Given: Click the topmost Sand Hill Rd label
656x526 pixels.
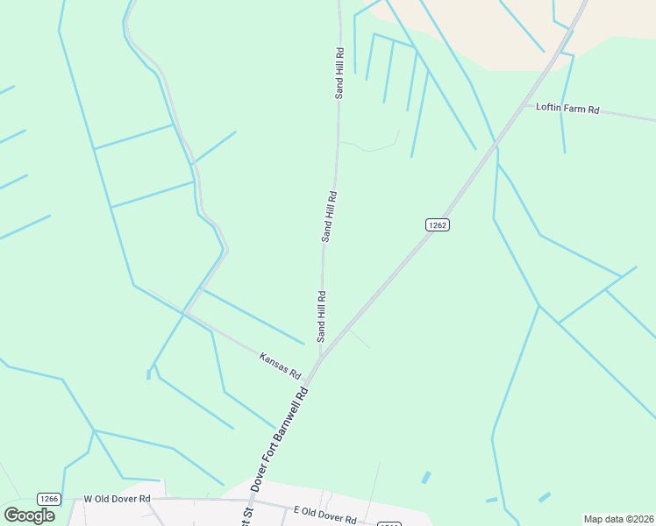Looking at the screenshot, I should pos(339,73).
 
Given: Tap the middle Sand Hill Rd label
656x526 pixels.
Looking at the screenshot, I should pos(329,217).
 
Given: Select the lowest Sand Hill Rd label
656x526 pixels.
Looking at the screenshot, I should pos(322,316).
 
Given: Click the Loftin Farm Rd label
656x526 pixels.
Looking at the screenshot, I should pos(567,110).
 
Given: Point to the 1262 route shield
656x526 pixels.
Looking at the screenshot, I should pos(438,225).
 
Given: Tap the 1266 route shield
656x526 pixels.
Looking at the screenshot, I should pos(49,499).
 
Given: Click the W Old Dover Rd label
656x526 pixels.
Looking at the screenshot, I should pos(118,499).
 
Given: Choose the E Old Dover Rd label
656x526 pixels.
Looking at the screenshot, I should pos(324,515).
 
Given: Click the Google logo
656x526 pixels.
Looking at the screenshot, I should pos(29,515).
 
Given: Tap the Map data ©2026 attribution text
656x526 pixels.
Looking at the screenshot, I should pos(617,519).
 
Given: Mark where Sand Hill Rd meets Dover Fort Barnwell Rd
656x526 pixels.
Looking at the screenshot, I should pos(321,358).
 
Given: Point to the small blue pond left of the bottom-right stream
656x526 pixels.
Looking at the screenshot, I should pos(426,478).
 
